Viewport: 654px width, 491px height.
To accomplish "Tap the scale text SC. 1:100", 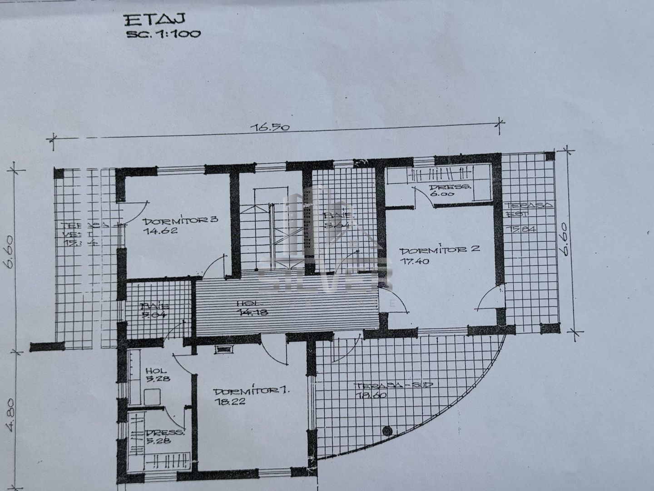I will (163, 34).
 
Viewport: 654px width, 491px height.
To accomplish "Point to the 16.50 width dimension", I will (270, 127).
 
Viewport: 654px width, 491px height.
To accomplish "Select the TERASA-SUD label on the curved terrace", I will (393, 386).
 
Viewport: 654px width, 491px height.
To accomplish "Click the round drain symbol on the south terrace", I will (387, 430).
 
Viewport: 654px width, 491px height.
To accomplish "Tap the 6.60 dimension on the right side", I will (564, 245).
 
